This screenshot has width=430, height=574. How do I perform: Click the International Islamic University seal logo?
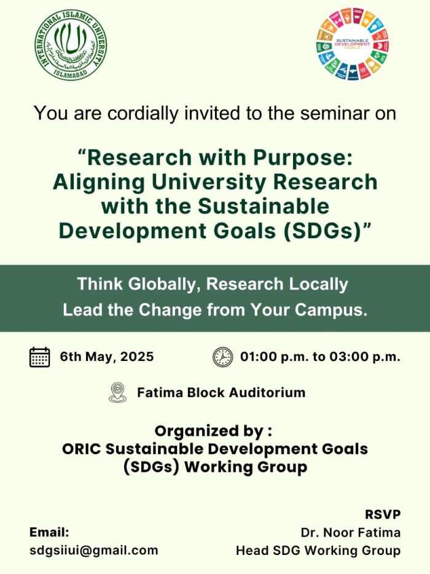(x=71, y=45)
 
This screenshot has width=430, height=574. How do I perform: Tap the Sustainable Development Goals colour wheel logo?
(x=353, y=44)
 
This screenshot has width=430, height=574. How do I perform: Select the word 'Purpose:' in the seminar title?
(x=303, y=157)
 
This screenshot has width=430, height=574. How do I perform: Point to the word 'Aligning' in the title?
(x=99, y=182)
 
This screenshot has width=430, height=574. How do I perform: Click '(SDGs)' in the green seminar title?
(x=322, y=231)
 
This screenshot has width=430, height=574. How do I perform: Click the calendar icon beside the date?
(x=39, y=357)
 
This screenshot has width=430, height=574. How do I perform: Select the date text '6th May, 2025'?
(x=107, y=357)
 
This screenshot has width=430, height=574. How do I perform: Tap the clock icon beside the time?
(x=223, y=357)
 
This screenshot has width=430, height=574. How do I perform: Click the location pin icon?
(x=118, y=392)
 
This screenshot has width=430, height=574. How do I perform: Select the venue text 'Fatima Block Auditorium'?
(x=221, y=392)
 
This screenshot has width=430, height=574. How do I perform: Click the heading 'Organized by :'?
(x=214, y=431)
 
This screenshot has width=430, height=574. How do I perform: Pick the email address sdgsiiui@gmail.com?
(x=94, y=551)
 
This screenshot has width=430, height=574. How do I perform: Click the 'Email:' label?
(x=49, y=532)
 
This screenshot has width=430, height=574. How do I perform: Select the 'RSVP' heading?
(x=383, y=514)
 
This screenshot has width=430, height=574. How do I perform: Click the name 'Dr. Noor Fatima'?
(x=351, y=532)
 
